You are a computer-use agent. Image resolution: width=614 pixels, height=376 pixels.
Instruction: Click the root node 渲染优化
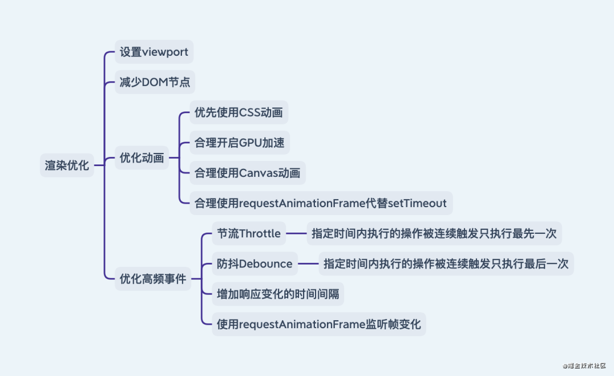[x=67, y=166]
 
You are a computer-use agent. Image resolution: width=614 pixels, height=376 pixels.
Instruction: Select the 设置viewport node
[x=153, y=52]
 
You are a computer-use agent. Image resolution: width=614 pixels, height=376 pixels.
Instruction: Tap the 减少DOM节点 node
[x=155, y=82]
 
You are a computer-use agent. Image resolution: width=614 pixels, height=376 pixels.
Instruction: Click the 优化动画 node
[x=142, y=158]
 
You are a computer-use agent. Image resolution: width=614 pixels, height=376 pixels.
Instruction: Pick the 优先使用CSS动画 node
[x=238, y=112]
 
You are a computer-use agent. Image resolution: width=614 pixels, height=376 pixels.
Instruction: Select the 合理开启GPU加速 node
[x=239, y=143]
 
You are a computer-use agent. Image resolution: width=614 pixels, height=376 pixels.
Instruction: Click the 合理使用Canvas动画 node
[x=247, y=173]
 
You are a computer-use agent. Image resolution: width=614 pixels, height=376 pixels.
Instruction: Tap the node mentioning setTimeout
[x=321, y=203]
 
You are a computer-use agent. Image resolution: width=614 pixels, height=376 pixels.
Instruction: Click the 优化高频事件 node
[x=153, y=279]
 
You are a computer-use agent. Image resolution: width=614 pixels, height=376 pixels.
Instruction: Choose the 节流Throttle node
[x=248, y=233]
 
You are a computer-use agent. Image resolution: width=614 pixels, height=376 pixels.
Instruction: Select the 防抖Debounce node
[x=255, y=264]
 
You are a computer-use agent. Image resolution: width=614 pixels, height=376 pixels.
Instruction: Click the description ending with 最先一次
[x=434, y=233]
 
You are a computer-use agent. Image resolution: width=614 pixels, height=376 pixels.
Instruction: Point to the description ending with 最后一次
[x=446, y=264]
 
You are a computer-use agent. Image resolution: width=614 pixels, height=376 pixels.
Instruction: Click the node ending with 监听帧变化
[x=318, y=324]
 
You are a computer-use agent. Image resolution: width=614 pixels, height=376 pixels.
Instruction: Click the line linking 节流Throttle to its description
[x=296, y=233]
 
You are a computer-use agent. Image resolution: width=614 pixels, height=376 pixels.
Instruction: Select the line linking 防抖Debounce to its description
[x=308, y=264]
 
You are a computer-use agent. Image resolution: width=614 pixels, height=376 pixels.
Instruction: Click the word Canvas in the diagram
[x=259, y=173]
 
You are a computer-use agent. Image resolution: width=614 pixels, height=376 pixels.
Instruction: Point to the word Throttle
[x=260, y=233]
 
